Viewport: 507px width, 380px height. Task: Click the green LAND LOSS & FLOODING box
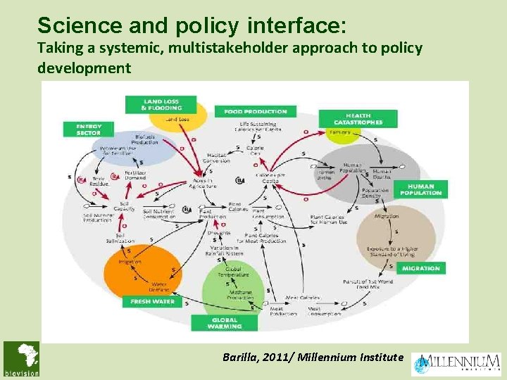click(161, 104)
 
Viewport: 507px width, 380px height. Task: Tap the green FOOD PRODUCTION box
click(256, 111)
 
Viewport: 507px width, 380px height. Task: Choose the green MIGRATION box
click(421, 268)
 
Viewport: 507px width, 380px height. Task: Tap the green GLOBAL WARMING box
click(225, 322)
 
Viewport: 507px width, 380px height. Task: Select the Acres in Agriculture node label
click(203, 183)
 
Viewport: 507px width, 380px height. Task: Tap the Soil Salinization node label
click(124, 238)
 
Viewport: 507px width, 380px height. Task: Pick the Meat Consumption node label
click(323, 310)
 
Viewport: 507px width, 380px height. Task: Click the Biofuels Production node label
click(144, 139)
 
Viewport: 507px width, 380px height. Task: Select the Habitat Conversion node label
click(218, 158)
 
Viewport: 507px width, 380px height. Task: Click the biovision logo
click(21, 359)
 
